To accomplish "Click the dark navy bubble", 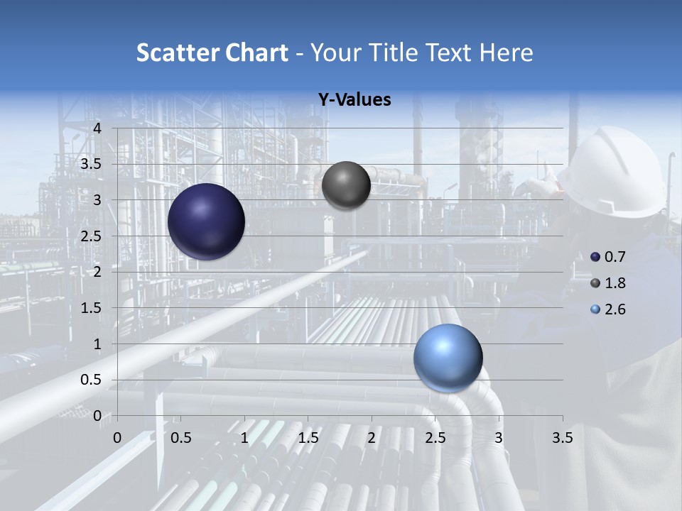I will (x=206, y=221).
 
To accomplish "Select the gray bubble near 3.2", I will (x=346, y=185).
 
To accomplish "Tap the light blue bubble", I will (x=448, y=358).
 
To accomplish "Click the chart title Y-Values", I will (x=354, y=100).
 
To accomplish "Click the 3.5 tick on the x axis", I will (x=562, y=438).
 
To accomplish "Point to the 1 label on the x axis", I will (x=244, y=438).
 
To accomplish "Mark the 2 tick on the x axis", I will (x=372, y=438).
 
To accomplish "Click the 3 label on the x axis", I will (x=499, y=438).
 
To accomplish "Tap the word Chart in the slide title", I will (x=256, y=53).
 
